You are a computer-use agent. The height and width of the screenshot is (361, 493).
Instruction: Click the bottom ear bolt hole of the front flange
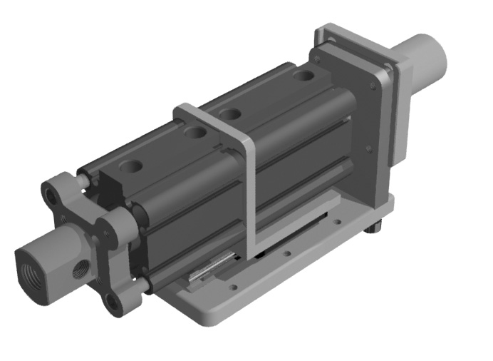[x=113, y=302]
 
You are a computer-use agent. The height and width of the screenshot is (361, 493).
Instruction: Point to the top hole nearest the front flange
[x=130, y=167]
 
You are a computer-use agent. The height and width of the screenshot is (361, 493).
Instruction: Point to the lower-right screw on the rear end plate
[x=368, y=149]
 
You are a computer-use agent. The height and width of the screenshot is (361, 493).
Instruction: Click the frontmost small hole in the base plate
[x=233, y=288]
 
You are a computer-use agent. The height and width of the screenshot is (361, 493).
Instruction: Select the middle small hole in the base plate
[x=286, y=253]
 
